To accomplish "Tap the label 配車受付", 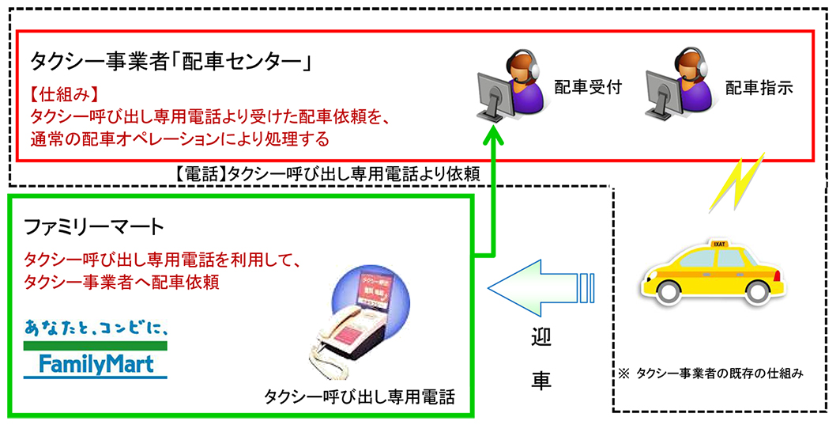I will click(x=587, y=88).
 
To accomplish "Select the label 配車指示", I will click(x=759, y=88).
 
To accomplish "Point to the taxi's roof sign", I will click(x=718, y=243).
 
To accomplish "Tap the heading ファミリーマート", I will click(x=94, y=228).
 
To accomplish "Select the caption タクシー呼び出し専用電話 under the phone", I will click(x=360, y=397).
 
